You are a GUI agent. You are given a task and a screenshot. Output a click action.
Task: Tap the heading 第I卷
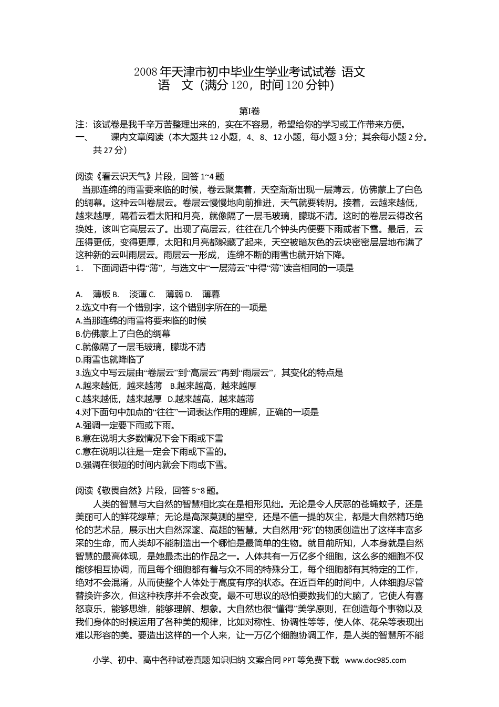[x=250, y=111]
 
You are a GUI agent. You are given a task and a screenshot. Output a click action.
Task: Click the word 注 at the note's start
[x=80, y=125]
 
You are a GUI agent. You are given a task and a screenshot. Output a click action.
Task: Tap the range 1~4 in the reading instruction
[x=206, y=177]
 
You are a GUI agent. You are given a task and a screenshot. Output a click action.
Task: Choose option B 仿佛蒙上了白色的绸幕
[x=123, y=334]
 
